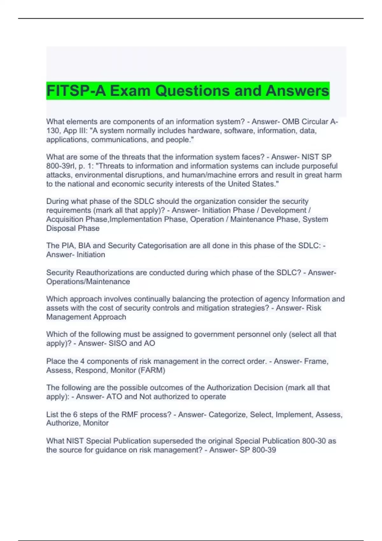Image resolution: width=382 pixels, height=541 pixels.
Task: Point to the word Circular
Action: (315, 122)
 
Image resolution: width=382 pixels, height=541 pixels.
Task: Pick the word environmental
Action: (106, 175)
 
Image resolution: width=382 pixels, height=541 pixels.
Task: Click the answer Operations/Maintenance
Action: (88, 282)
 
